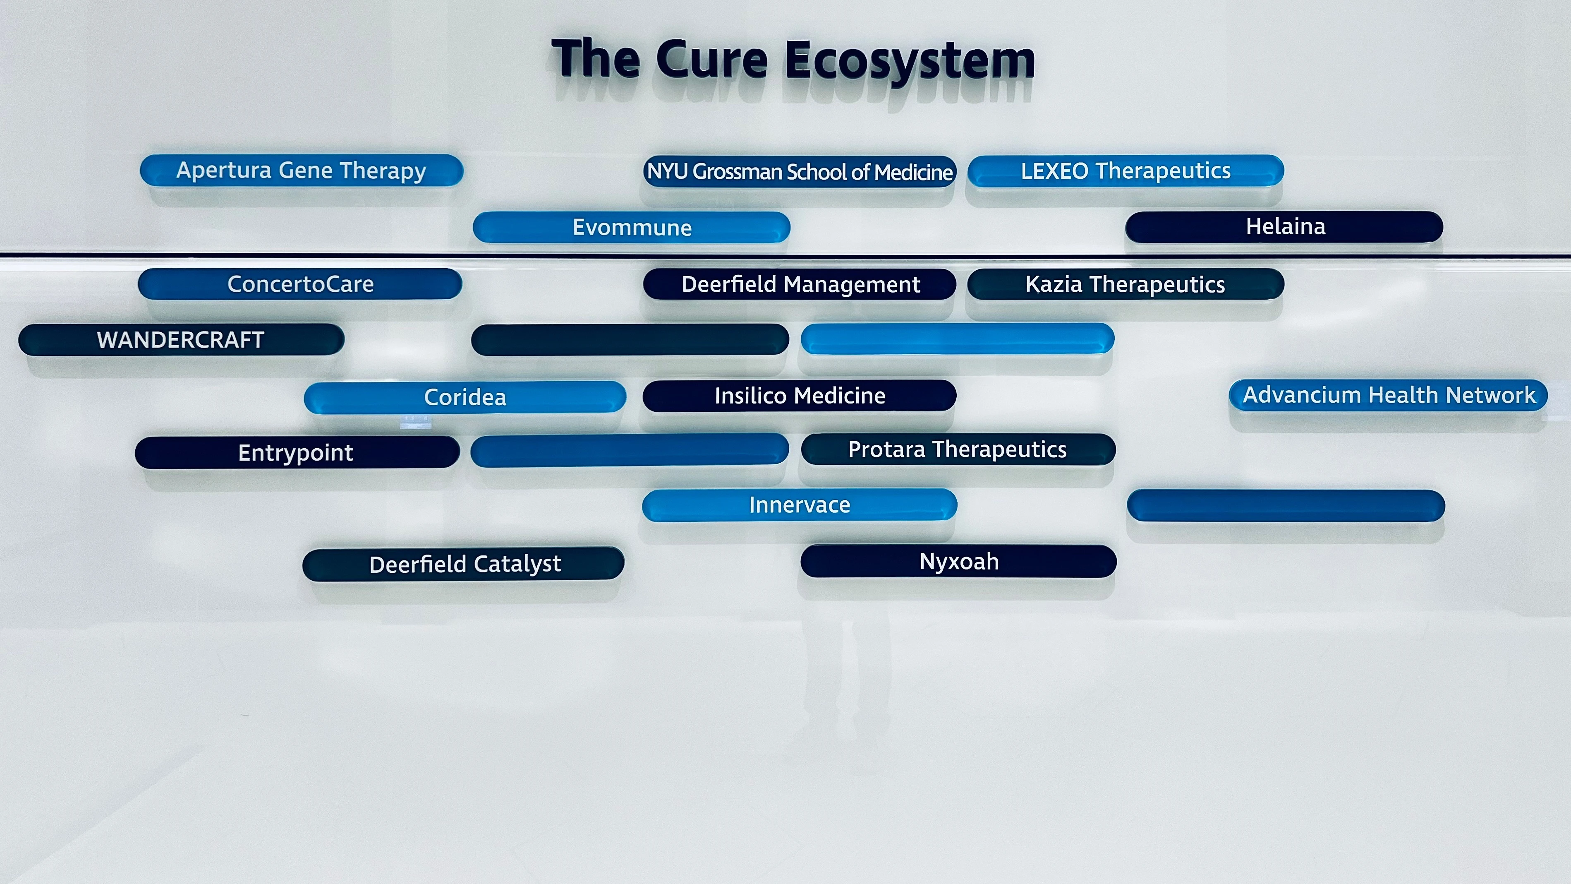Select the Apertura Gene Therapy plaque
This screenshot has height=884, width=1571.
(301, 170)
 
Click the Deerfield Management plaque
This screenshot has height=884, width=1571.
(800, 285)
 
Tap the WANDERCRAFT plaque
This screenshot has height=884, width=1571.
(181, 340)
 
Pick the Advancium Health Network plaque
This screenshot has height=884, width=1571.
(1388, 395)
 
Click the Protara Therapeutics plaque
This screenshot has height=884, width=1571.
(958, 449)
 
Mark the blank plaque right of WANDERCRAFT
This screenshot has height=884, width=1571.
(630, 340)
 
